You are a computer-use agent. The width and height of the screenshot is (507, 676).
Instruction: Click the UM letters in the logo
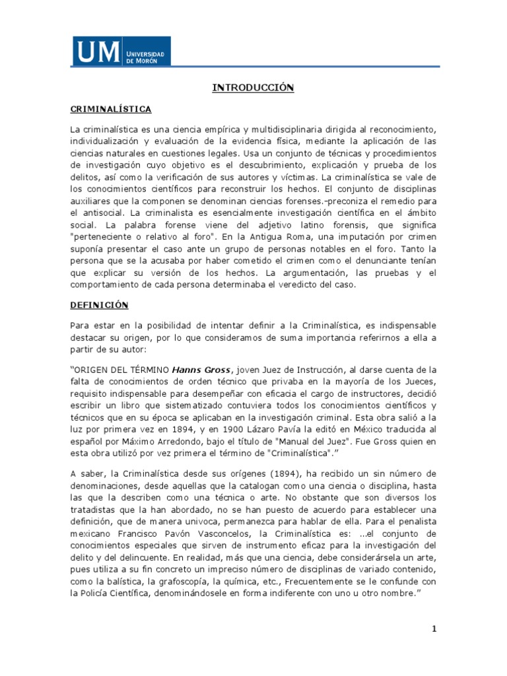[97, 51]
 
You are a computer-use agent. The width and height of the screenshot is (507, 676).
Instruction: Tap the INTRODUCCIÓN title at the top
[253, 87]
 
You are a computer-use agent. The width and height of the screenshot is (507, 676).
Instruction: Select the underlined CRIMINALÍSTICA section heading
[110, 108]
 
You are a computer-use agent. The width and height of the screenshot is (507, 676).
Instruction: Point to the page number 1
[434, 629]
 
